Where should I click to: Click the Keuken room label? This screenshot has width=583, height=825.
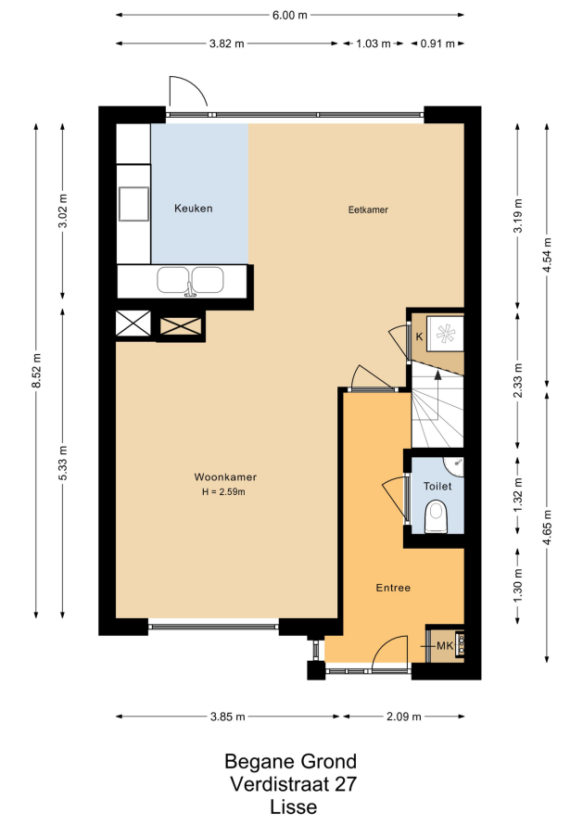click(x=193, y=209)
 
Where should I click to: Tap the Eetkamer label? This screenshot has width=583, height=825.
click(x=368, y=209)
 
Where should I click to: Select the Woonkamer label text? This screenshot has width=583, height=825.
click(x=225, y=477)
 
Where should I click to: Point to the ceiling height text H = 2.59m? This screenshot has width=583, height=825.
click(x=223, y=492)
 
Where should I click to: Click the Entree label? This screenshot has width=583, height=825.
click(x=393, y=588)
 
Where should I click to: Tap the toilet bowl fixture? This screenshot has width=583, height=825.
click(x=437, y=516)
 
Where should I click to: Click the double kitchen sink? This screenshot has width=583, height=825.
click(x=190, y=281)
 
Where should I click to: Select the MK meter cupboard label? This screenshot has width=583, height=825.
click(x=445, y=645)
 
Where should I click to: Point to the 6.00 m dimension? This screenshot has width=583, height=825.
click(x=289, y=15)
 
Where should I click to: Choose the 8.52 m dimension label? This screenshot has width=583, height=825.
click(x=36, y=371)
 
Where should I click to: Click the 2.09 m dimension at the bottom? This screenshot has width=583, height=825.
click(x=403, y=717)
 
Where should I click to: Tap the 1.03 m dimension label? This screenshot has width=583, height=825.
click(x=373, y=44)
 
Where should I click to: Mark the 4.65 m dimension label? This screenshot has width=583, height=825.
click(x=547, y=527)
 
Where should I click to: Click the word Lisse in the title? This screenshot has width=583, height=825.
click(x=293, y=807)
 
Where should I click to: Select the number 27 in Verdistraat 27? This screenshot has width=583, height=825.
click(x=345, y=784)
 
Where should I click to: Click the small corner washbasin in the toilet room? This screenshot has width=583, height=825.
click(x=455, y=465)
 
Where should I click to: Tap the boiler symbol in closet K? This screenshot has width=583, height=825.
click(x=445, y=334)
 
